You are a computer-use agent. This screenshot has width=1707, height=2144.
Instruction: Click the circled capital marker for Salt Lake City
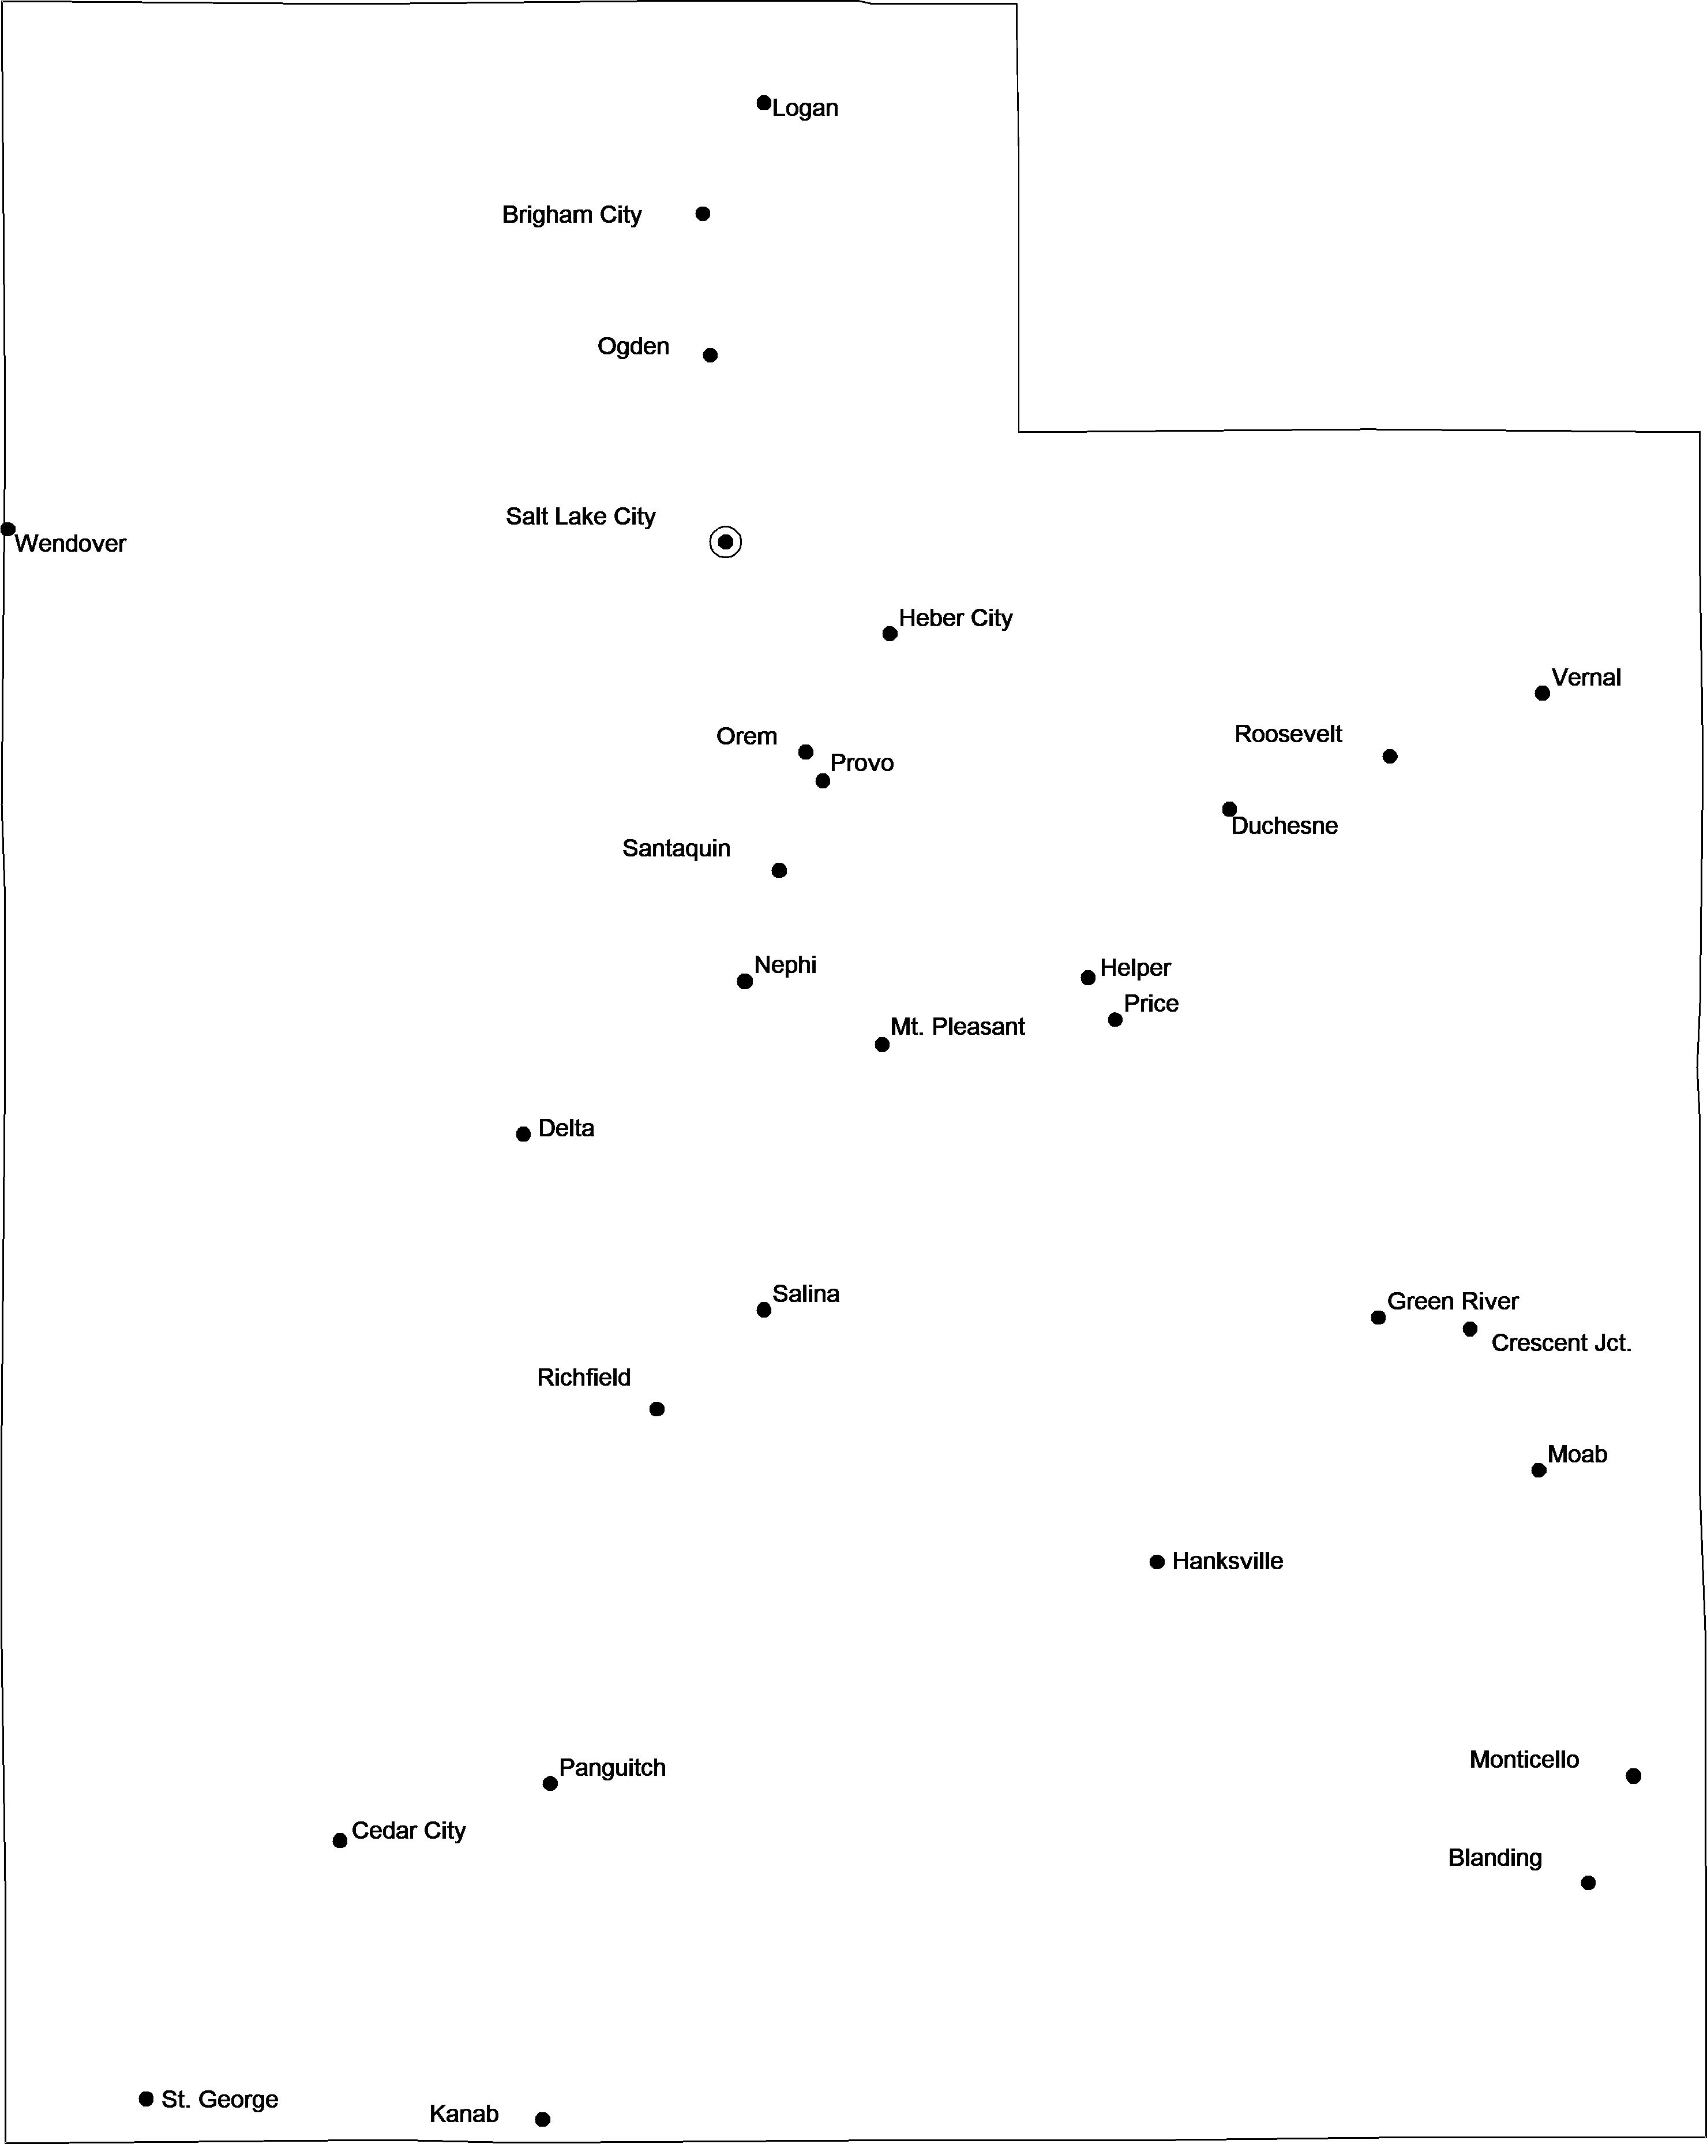(726, 542)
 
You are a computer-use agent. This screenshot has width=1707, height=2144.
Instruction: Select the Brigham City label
(572, 215)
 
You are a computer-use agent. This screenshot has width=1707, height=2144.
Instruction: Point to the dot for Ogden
(710, 355)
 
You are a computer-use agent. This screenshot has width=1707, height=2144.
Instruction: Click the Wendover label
(70, 544)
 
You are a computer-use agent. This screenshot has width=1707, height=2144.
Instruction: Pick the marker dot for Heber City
(890, 634)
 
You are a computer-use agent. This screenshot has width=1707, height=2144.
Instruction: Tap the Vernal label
(1586, 678)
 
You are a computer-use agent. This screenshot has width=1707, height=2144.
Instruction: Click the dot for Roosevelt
(1390, 757)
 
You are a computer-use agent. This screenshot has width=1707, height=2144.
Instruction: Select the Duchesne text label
(1285, 826)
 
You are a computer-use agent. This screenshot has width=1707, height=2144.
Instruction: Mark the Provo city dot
(822, 781)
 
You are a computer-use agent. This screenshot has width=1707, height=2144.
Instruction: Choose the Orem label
(746, 737)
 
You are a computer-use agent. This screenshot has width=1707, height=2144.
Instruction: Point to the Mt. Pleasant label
(958, 1027)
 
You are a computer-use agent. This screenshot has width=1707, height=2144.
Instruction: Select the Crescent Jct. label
(1561, 1344)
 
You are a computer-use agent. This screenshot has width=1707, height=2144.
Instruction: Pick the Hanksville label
(1227, 1561)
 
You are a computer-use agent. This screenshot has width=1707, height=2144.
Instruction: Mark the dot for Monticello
(1633, 1776)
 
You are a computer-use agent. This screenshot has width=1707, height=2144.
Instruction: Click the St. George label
(220, 2099)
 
